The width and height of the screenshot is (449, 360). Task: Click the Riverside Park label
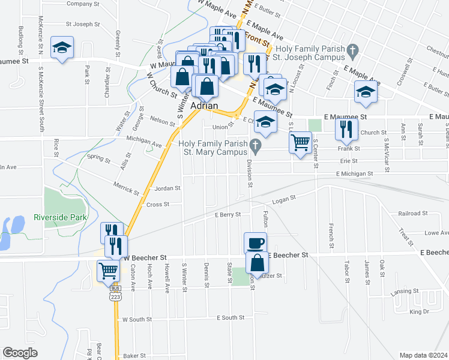pos(61,217)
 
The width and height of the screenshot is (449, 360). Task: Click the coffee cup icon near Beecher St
pos(255,242)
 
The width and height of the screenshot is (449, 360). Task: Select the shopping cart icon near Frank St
pos(300,143)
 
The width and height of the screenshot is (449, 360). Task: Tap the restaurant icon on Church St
pos(346,128)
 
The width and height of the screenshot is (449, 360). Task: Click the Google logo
pos(20,352)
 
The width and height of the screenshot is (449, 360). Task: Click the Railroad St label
pos(412,214)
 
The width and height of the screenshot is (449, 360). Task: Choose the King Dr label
pos(419,312)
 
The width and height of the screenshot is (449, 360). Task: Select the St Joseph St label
pos(82,25)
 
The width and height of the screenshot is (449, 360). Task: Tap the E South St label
pos(231,317)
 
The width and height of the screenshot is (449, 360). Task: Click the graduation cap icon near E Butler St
pos(364,91)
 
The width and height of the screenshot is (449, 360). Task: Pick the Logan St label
pos(285,199)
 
